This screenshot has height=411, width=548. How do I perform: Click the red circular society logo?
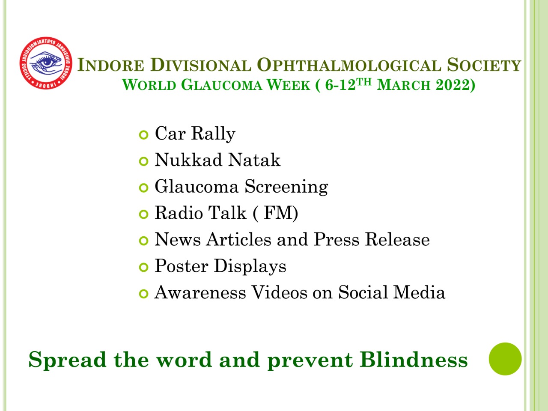(x=46, y=63)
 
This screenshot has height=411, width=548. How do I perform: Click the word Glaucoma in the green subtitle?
(x=222, y=85)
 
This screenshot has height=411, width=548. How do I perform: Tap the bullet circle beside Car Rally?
(x=143, y=135)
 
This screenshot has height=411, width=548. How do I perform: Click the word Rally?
(x=213, y=134)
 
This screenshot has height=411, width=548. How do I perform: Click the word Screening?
(x=286, y=187)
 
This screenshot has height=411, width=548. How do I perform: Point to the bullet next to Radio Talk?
(x=143, y=214)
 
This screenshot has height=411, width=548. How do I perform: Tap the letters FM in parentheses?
(x=276, y=213)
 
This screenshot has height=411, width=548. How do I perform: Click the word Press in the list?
(x=336, y=239)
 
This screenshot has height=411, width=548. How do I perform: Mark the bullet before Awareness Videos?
(x=143, y=294)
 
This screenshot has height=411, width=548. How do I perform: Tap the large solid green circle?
(x=505, y=359)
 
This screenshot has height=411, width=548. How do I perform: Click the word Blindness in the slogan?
(x=414, y=360)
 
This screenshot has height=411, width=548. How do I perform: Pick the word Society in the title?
(x=484, y=65)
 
